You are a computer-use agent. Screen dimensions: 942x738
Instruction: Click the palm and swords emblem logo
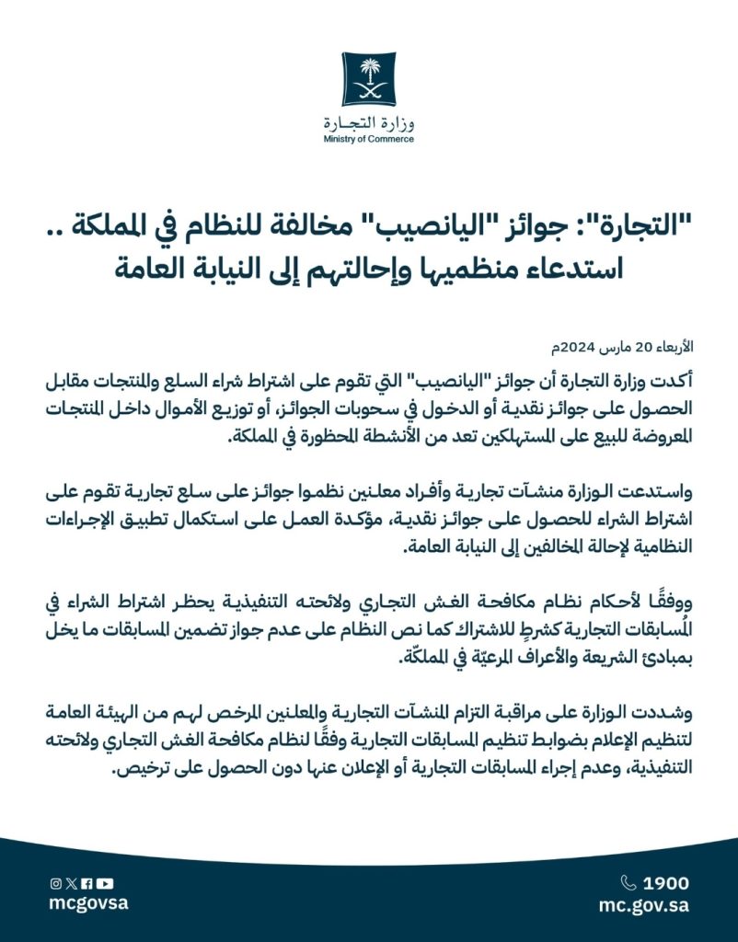(x=369, y=79)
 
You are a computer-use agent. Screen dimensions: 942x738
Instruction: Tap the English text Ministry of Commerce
(x=369, y=140)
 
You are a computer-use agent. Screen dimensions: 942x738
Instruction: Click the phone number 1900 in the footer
(x=666, y=883)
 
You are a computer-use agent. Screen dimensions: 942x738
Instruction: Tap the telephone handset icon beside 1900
(x=629, y=883)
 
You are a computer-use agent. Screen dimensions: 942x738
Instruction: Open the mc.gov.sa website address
(x=644, y=905)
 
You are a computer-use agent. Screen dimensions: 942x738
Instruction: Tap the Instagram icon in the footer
(x=55, y=883)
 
